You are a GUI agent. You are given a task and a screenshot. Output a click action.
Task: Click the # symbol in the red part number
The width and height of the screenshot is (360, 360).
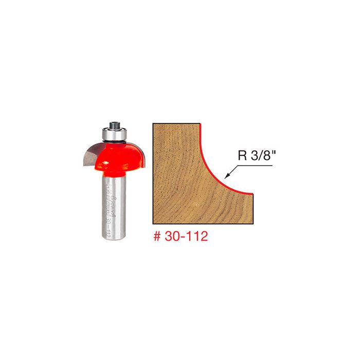coord(157,239)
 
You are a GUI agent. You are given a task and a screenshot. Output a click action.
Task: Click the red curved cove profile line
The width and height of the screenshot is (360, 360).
coord(211,165)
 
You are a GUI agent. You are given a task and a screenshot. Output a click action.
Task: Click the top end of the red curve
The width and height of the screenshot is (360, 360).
coord(200,124)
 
